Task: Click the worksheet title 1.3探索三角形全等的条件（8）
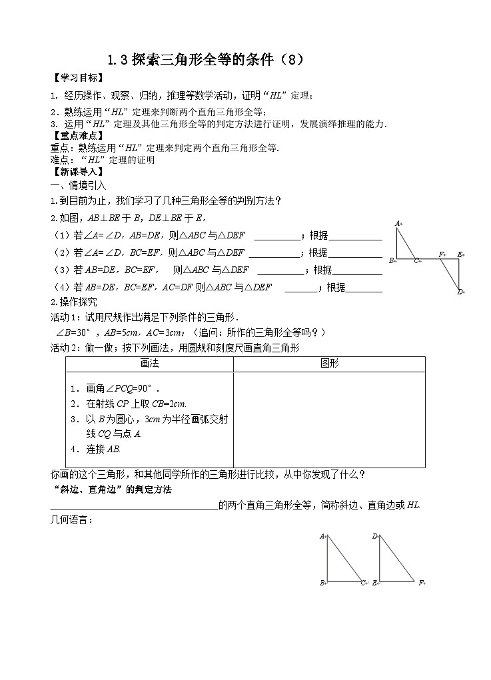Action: click(206, 59)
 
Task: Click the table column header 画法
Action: click(149, 364)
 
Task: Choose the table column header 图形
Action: click(329, 364)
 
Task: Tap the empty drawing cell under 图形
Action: click(329, 420)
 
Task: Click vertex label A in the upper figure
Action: click(398, 223)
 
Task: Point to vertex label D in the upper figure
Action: click(460, 292)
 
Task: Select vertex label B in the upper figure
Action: click(392, 260)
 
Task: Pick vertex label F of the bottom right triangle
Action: click(421, 583)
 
